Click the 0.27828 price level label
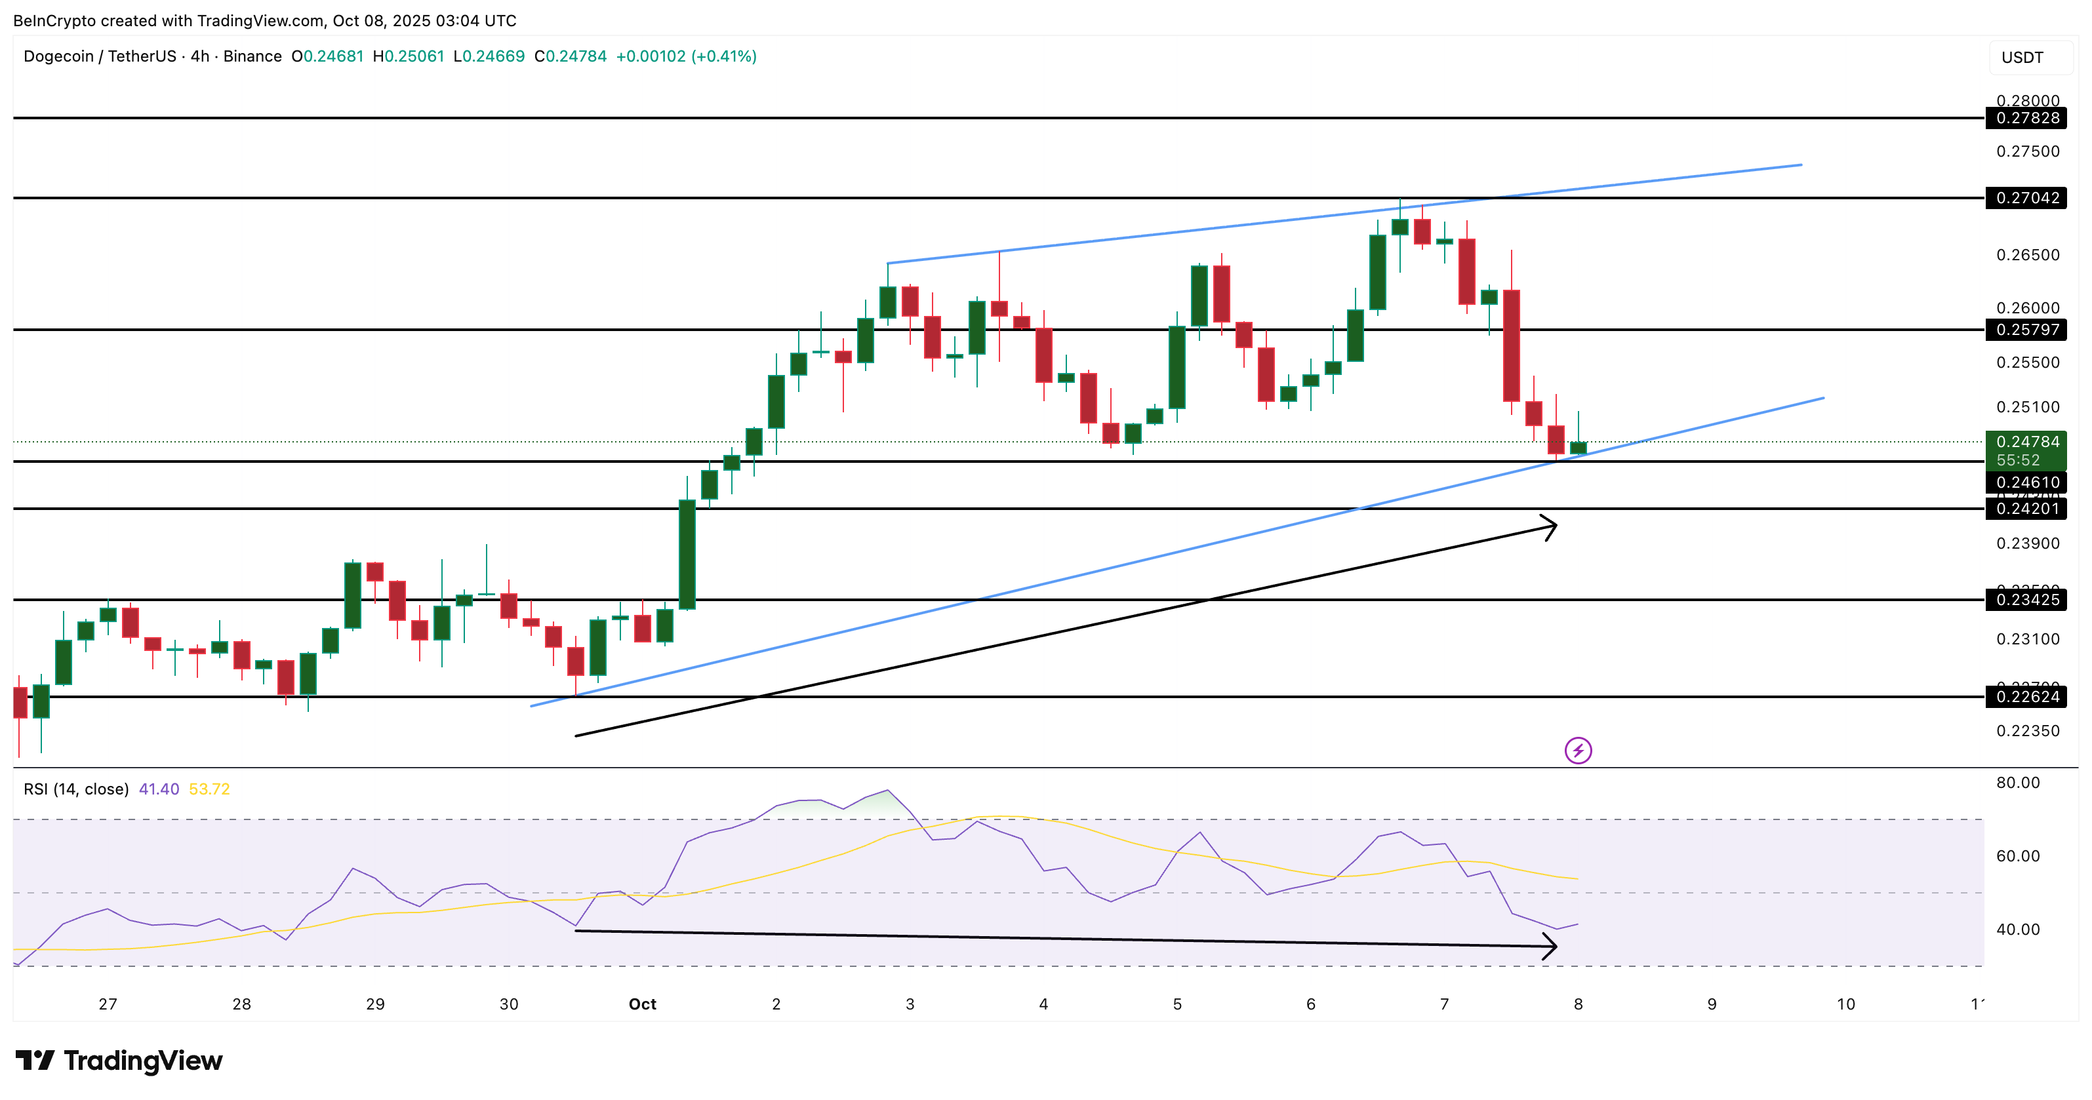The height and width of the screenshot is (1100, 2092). pos(2026,118)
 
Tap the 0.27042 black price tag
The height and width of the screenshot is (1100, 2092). pos(2026,197)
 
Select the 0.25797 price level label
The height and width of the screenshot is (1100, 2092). pos(2026,330)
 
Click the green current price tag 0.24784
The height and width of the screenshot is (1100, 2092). pos(2026,442)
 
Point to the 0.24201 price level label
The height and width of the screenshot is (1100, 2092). pos(2026,509)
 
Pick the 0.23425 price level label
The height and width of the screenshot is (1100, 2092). pos(2026,600)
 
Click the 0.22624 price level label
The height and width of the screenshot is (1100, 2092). pos(2026,697)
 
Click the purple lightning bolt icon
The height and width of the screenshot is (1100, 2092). pos(1577,750)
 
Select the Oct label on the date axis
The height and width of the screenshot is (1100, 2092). pos(643,1004)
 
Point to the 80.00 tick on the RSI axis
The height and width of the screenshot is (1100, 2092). pos(2017,783)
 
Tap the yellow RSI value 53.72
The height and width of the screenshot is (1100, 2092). pos(209,789)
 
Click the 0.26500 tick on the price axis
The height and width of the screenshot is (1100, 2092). pos(2027,255)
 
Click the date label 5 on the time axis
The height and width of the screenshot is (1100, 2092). pos(1177,1004)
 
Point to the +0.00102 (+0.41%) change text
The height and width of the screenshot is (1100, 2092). pos(686,56)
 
